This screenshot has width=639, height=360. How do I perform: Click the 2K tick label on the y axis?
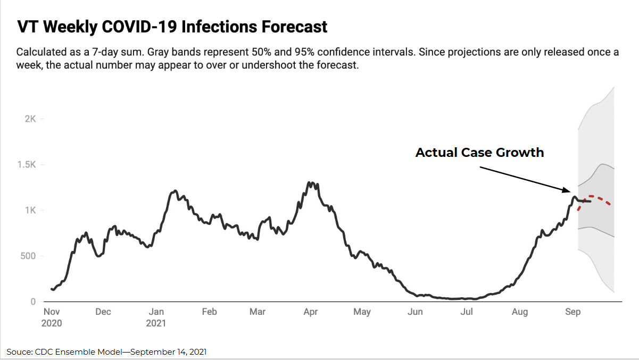click(30, 119)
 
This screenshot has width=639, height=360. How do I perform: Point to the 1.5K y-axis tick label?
click(27, 164)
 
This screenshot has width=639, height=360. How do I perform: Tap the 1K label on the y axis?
click(30, 210)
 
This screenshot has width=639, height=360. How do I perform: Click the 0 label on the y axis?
click(33, 302)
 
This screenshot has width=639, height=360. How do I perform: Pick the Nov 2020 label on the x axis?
click(52, 317)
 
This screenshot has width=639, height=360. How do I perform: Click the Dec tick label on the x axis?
click(103, 312)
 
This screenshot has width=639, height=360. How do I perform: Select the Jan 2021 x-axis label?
click(156, 317)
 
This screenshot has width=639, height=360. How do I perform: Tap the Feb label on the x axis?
click(209, 312)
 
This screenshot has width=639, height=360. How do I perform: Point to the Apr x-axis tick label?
click(310, 312)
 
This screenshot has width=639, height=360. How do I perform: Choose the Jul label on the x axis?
click(467, 312)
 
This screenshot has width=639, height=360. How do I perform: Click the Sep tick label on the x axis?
click(572, 312)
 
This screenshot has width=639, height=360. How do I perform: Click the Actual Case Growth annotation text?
click(479, 153)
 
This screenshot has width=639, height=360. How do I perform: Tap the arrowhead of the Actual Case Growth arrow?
click(568, 190)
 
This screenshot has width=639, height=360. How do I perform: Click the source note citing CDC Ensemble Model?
click(106, 351)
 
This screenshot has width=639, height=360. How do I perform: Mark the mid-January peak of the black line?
click(175, 191)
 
